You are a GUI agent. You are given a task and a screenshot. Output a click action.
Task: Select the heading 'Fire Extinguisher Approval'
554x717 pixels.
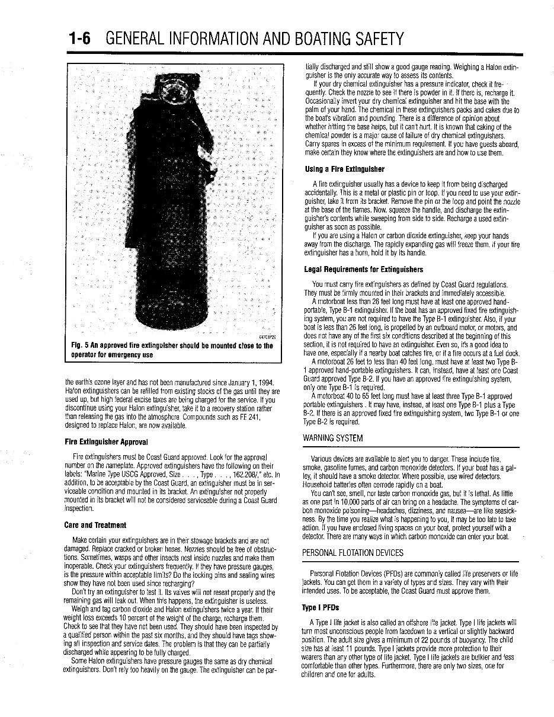tap(106, 442)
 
